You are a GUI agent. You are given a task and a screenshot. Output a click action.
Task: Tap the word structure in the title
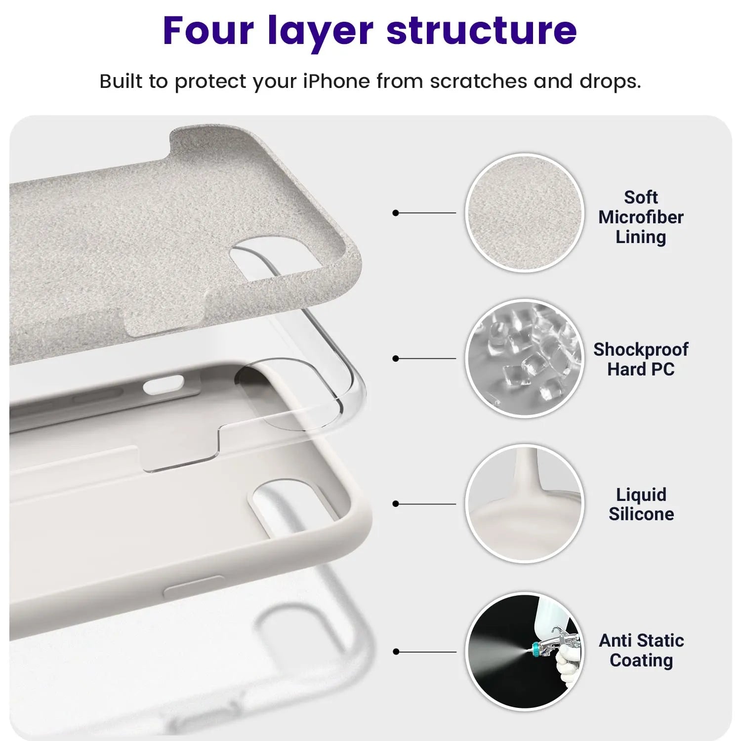click(x=482, y=31)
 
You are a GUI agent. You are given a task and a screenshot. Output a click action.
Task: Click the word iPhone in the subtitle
click(x=336, y=81)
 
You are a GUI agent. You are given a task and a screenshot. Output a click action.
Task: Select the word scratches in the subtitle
click(x=478, y=81)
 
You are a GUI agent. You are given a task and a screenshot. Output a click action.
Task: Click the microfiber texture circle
click(x=525, y=212)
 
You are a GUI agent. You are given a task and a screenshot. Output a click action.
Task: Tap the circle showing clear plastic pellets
click(x=525, y=358)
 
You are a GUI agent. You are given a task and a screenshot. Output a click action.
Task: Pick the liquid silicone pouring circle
click(x=525, y=503)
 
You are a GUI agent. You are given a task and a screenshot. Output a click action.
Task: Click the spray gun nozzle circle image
click(x=525, y=651)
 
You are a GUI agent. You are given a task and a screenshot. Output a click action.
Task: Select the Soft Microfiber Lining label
click(x=641, y=217)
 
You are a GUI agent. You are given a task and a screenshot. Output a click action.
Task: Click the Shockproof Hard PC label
click(x=641, y=359)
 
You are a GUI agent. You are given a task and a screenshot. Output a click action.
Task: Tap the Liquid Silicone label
click(x=641, y=504)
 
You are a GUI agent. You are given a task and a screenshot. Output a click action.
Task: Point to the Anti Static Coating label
click(x=641, y=650)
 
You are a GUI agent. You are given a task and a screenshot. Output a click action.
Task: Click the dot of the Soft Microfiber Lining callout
click(x=395, y=213)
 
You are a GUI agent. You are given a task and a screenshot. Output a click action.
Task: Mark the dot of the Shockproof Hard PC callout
click(x=395, y=358)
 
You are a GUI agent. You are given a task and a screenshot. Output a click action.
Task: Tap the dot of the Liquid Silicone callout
click(x=395, y=504)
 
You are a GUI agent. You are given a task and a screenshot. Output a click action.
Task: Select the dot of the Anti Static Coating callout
click(x=395, y=652)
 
